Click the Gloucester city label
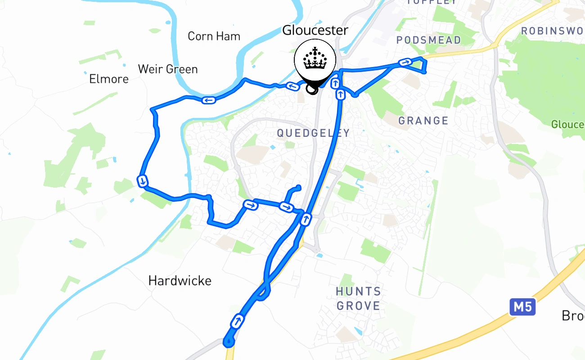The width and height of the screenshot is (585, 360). tap(315, 30)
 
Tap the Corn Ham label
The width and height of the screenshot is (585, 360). tap(214, 36)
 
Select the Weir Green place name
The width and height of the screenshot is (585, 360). tap(167, 69)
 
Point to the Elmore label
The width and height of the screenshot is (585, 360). tap(109, 79)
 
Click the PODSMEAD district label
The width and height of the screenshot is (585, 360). tap(428, 40)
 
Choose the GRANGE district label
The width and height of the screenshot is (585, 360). tap(423, 121)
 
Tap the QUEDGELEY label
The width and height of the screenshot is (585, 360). tap(313, 133)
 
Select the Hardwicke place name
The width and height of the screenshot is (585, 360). tap(180, 281)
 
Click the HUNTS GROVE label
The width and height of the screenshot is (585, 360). tap(359, 299)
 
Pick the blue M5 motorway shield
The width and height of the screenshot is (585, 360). tap(522, 307)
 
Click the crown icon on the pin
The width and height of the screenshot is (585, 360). tap(315, 59)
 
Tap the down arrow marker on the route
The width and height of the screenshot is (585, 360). tap(142, 181)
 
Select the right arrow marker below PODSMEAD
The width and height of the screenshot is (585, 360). tap(405, 63)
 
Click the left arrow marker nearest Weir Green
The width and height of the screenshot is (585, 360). tap(208, 100)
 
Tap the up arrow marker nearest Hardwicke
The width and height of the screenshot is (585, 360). tap(237, 321)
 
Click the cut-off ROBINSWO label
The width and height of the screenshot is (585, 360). tap(553, 31)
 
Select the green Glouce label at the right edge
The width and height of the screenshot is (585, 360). tap(568, 124)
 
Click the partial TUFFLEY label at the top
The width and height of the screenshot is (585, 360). tap(431, 2)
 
